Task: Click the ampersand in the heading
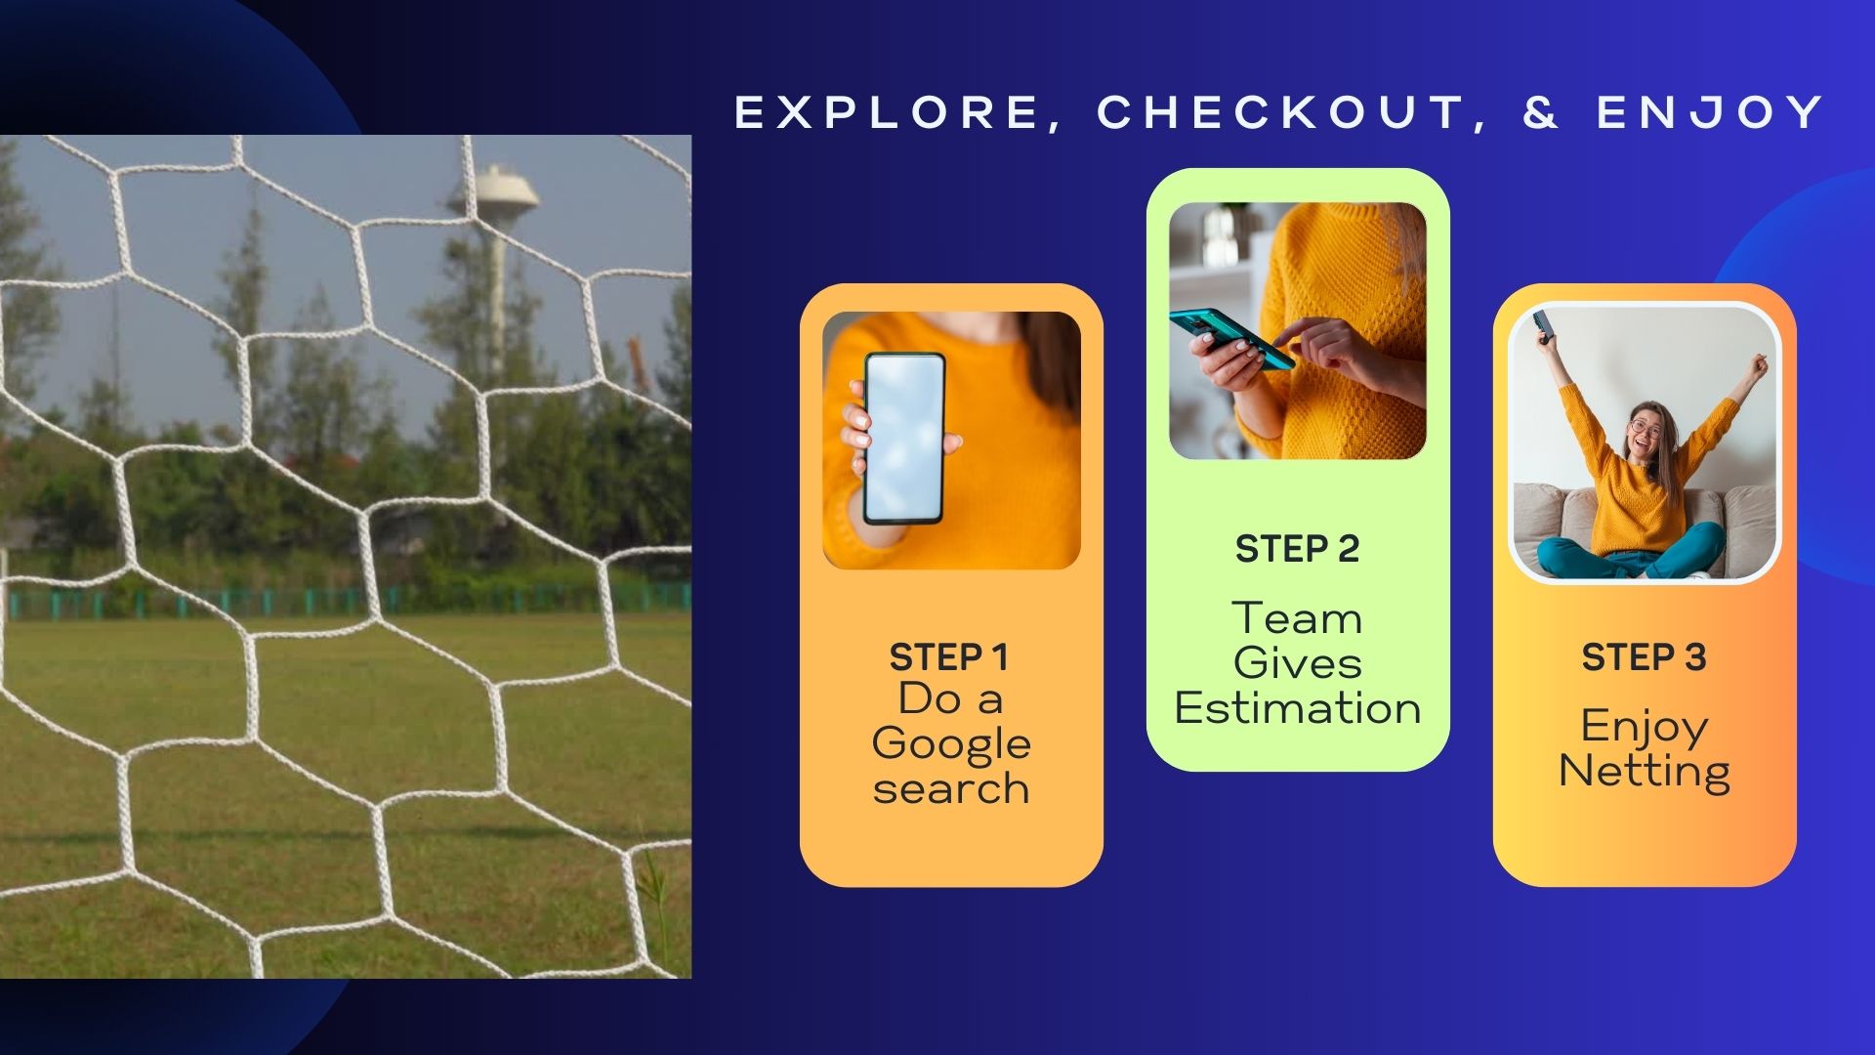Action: [1541, 112]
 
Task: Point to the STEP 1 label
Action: [948, 657]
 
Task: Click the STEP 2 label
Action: [1297, 549]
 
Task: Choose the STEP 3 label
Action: [1644, 657]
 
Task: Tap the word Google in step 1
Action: [951, 744]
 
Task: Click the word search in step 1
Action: [951, 788]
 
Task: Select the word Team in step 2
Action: [1297, 618]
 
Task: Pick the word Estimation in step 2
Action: [1297, 707]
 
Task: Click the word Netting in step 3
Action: [1645, 771]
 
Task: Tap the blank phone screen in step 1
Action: [904, 439]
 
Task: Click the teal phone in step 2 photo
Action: [1232, 338]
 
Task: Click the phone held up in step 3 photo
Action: [1543, 325]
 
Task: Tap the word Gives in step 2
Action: [1297, 663]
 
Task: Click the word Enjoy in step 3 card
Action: [1645, 727]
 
